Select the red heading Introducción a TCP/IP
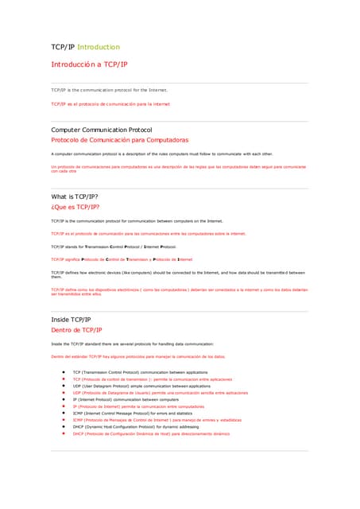[89, 64]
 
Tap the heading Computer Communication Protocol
[102, 129]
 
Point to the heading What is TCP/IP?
[79, 196]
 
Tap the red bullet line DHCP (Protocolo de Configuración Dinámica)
[151, 434]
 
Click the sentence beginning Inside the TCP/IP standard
[132, 344]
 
